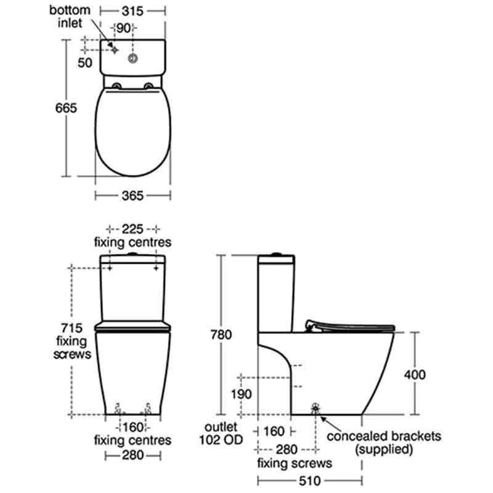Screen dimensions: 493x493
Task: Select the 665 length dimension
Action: pyautogui.click(x=65, y=108)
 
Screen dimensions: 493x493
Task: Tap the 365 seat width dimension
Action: pyautogui.click(x=132, y=195)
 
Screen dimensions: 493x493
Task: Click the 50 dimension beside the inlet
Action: pyautogui.click(x=84, y=62)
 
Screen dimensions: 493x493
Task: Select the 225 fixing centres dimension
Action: pyautogui.click(x=132, y=227)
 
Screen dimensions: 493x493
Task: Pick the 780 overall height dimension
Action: pyautogui.click(x=221, y=335)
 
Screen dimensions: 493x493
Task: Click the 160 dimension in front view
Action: pyautogui.click(x=132, y=426)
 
